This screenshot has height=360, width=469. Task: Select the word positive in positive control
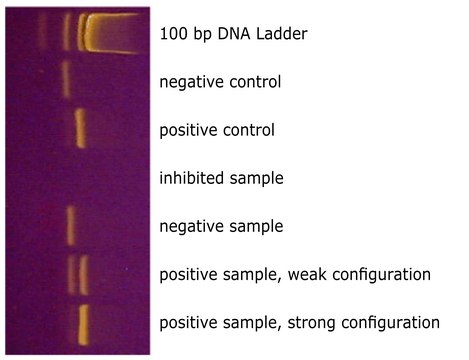190,131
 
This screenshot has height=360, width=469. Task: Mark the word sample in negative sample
257,227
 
